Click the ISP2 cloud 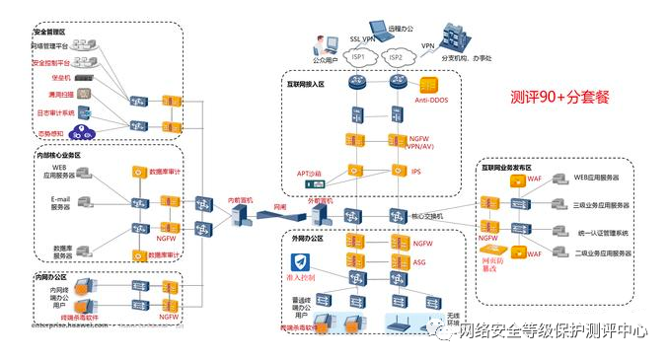[x=396, y=56]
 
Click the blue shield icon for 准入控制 [x=302, y=262]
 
